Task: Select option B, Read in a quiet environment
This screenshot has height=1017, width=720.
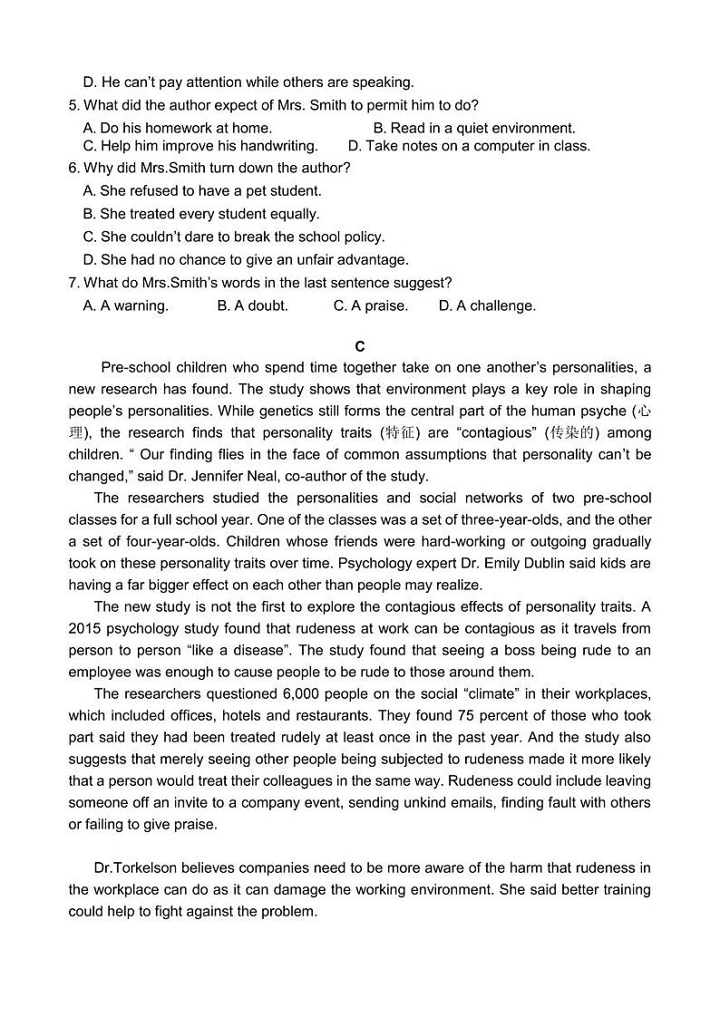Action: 473,128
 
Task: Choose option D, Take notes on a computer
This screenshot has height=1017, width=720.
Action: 469,146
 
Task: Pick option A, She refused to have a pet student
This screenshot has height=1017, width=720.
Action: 201,191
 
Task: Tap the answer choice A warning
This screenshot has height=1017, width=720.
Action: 125,306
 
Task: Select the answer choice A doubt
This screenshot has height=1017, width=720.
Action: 252,306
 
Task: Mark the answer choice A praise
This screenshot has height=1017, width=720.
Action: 370,306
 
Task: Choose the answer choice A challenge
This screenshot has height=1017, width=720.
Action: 487,306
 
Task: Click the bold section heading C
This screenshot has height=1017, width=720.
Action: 360,346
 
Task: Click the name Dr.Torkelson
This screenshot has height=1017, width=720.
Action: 137,868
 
